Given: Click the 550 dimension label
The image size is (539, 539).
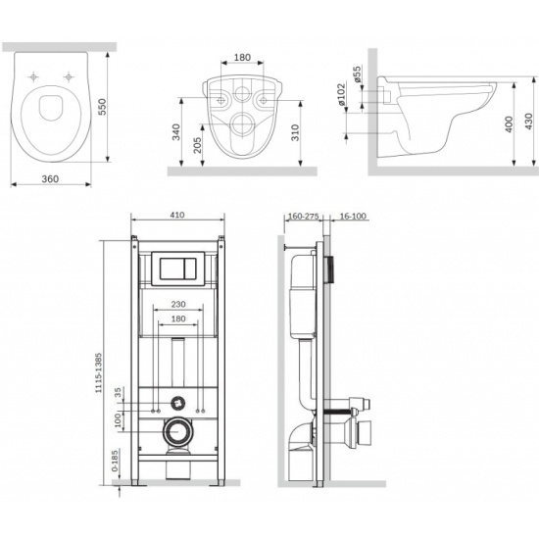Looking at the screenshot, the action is [x=103, y=107].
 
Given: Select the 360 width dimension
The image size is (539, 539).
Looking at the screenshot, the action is [x=50, y=178].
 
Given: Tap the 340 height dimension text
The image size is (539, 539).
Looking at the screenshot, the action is [x=176, y=132].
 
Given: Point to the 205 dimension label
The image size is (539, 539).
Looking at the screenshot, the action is [x=197, y=145].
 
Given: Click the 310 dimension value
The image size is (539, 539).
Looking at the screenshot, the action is [x=295, y=132].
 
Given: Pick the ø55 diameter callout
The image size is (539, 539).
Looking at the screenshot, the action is [x=357, y=73].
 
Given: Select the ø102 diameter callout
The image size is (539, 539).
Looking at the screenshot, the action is [x=341, y=94].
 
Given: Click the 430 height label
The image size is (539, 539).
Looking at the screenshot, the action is [x=529, y=121].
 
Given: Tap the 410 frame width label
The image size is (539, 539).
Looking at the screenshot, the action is [x=177, y=215].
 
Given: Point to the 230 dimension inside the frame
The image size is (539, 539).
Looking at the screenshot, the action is [x=178, y=304].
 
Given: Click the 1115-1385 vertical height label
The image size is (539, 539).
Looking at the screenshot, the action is [x=99, y=372].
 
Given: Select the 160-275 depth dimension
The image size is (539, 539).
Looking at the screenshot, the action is [x=304, y=217].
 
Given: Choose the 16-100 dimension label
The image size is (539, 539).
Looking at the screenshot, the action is [x=353, y=217].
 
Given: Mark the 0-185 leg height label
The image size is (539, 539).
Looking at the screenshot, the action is [x=116, y=461].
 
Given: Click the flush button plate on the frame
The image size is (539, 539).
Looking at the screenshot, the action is [x=178, y=269].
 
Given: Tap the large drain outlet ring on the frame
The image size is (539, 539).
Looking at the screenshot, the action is [x=177, y=431].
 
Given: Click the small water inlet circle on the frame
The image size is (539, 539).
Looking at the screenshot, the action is [x=177, y=403].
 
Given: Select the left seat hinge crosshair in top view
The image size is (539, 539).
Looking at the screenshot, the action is [x=33, y=77].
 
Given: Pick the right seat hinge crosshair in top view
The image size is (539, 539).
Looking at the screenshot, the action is [x=69, y=77].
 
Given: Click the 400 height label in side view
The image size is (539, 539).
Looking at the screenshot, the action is [x=509, y=124].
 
